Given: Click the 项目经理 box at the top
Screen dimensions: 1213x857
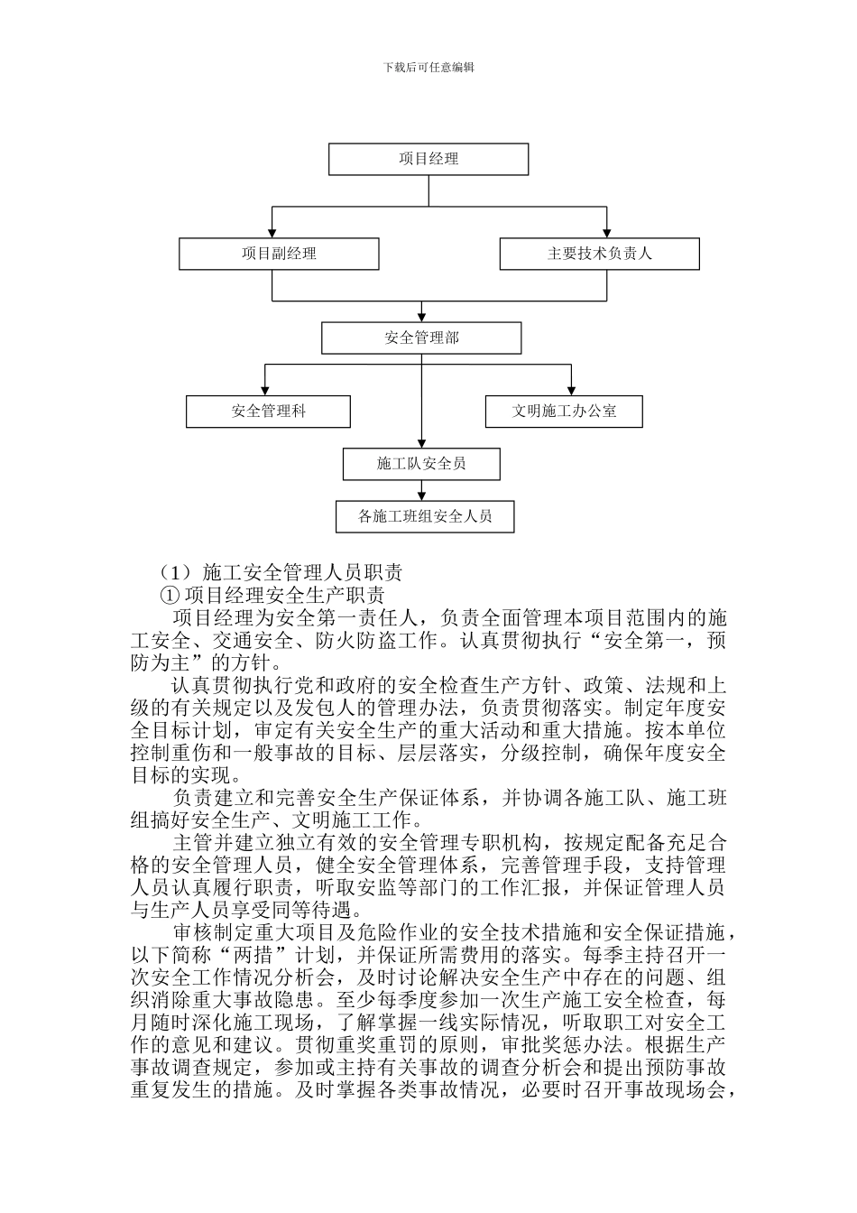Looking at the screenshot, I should pyautogui.click(x=428, y=159).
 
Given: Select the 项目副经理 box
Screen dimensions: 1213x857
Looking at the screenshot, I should pyautogui.click(x=279, y=254).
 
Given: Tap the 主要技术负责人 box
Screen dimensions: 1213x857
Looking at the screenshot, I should pyautogui.click(x=599, y=254).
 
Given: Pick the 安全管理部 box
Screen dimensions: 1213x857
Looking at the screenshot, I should pyautogui.click(x=421, y=338).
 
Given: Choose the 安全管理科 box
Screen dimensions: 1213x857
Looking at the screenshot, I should pyautogui.click(x=268, y=412).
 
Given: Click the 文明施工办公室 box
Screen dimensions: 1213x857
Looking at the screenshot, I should pyautogui.click(x=564, y=412).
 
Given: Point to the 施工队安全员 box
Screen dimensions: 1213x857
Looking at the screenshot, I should pyautogui.click(x=421, y=464).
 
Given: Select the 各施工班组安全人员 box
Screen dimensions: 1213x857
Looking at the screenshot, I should pyautogui.click(x=425, y=516).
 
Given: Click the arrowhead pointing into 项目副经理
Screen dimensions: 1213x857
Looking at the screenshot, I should pyautogui.click(x=272, y=234).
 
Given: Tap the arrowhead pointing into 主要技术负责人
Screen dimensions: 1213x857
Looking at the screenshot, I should pyautogui.click(x=607, y=234).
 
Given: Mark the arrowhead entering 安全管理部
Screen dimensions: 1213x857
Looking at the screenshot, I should pyautogui.click(x=421, y=318).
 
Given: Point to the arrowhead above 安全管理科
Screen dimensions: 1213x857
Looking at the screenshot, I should pyautogui.click(x=263, y=391).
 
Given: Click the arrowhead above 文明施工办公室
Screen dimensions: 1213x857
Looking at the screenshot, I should pyautogui.click(x=570, y=391).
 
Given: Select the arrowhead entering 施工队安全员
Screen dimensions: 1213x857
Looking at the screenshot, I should pyautogui.click(x=421, y=444).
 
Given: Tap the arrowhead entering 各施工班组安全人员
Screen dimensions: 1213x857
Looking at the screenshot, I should pyautogui.click(x=421, y=497).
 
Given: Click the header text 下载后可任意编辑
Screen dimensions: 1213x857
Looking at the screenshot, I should pyautogui.click(x=428, y=67).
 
